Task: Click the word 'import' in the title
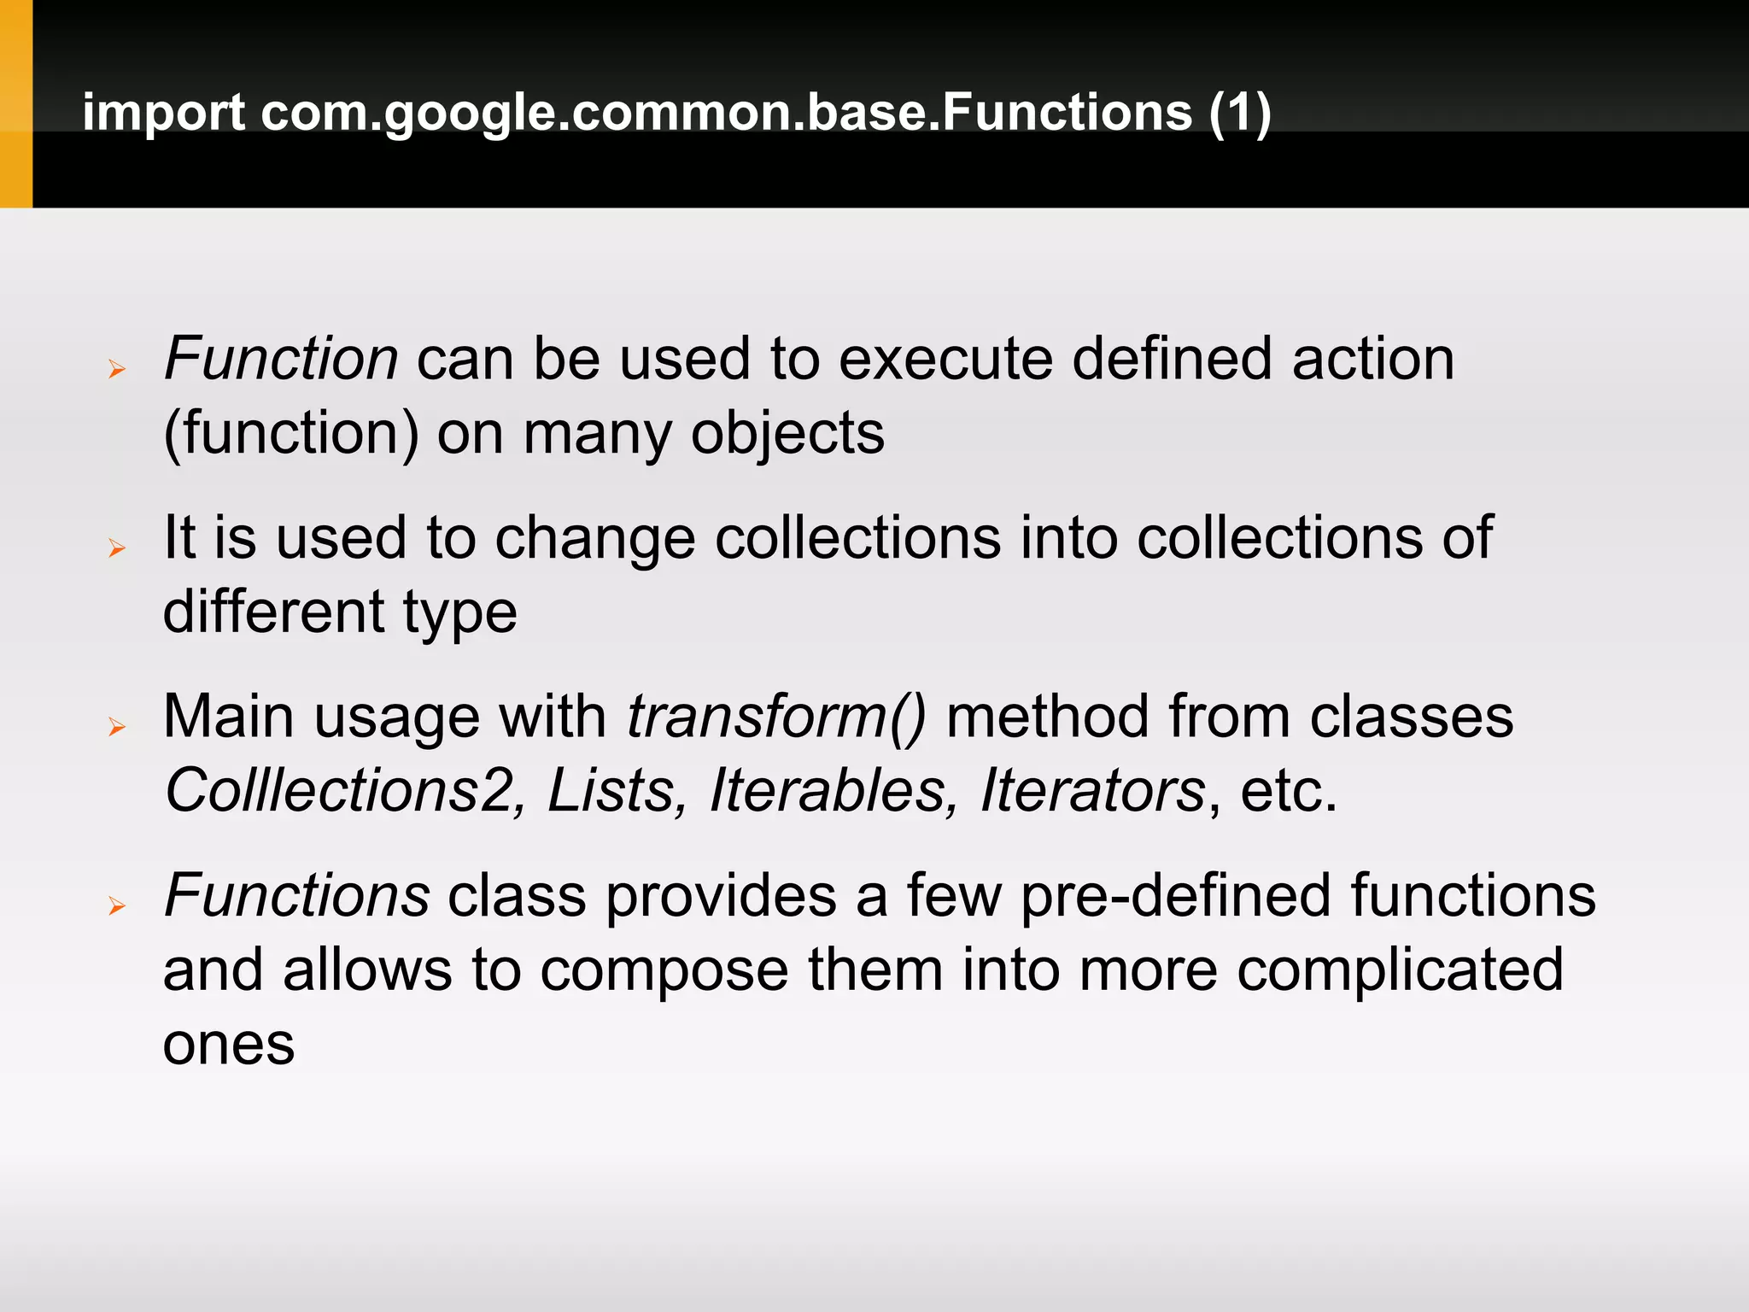(x=163, y=113)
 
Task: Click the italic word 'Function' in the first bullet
(x=281, y=359)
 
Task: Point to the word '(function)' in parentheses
(x=290, y=434)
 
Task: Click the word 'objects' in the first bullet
(x=787, y=434)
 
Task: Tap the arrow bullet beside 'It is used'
(x=117, y=548)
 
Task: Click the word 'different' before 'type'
(x=273, y=612)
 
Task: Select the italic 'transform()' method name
(x=776, y=717)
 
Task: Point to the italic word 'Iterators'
(x=1092, y=791)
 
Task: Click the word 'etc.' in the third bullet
(x=1288, y=791)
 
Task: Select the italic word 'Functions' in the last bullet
(x=296, y=896)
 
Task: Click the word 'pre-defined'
(x=1176, y=896)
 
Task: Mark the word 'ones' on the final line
(x=228, y=1045)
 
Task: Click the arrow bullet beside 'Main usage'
(x=117, y=728)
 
